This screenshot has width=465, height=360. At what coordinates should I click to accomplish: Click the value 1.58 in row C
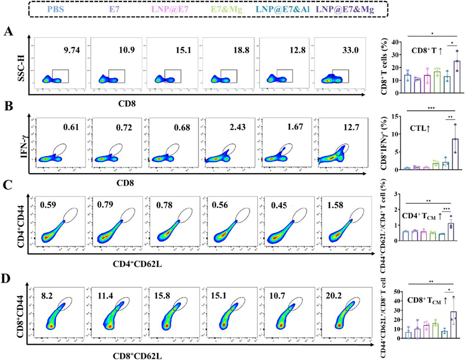tap(331, 212)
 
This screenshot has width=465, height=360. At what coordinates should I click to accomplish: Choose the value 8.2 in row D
tap(46, 294)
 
